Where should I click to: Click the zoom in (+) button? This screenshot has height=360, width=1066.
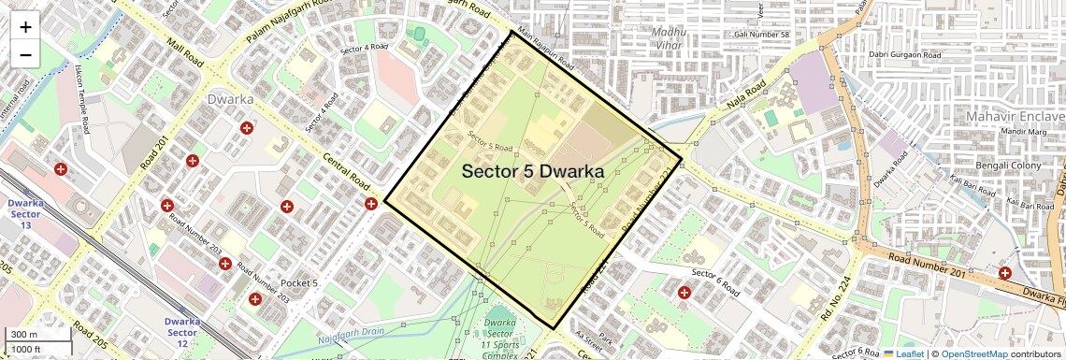(x=25, y=27)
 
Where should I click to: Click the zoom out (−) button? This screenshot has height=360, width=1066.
(x=25, y=55)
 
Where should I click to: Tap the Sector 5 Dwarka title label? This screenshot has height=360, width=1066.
(x=532, y=172)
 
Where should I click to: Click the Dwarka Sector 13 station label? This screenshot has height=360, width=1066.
(x=24, y=214)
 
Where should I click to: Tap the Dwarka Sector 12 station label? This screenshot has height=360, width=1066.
(x=182, y=328)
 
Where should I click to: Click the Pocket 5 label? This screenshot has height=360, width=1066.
(x=299, y=283)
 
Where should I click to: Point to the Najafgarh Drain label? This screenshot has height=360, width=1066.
(x=353, y=338)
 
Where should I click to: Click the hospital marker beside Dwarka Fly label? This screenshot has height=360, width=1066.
(x=1004, y=274)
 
